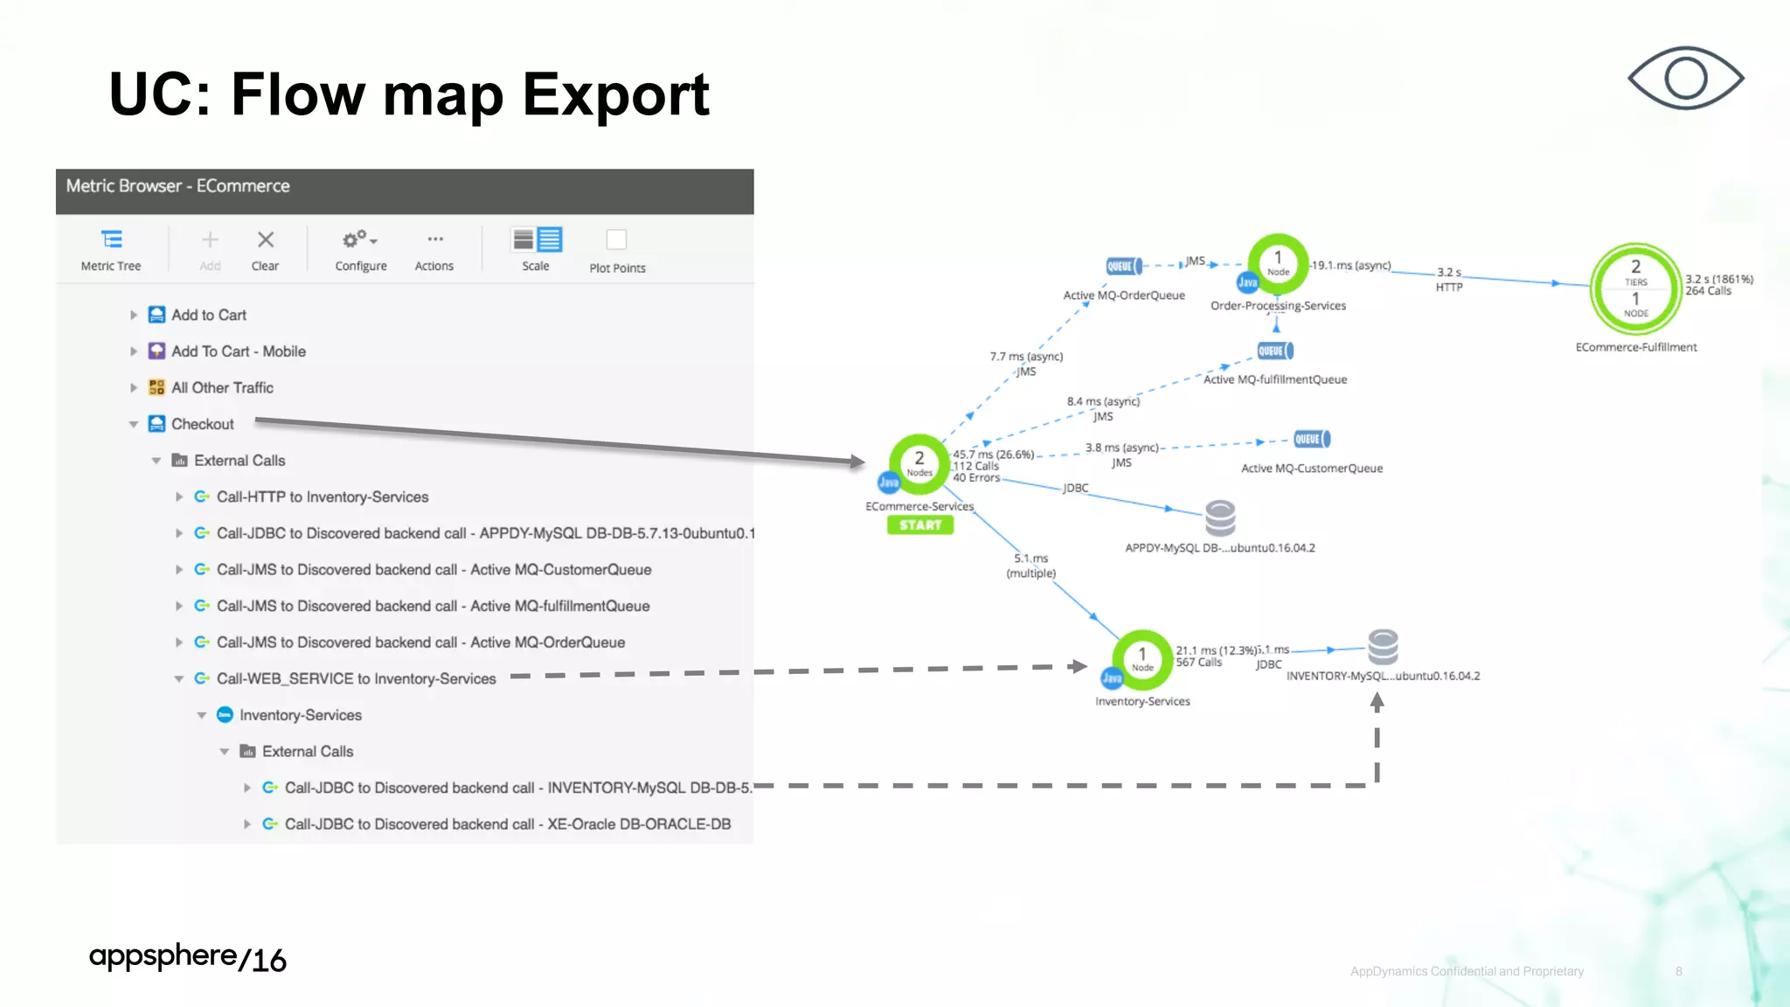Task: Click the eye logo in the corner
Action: coord(1685,79)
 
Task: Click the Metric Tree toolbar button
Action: coord(111,249)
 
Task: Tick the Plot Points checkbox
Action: coord(616,240)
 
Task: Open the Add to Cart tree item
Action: coord(208,315)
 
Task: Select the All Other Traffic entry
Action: coord(222,387)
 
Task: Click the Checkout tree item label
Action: coord(202,424)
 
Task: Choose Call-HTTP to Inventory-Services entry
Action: coord(322,497)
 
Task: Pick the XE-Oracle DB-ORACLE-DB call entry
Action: coord(507,824)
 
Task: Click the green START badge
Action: coord(919,525)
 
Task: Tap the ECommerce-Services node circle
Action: coord(919,463)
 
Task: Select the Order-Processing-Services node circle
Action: coord(1278,263)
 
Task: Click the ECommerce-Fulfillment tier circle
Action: coord(1635,288)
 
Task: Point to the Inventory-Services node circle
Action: coord(1141,659)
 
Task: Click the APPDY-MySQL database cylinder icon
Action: coord(1220,518)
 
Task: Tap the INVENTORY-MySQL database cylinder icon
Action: coord(1383,648)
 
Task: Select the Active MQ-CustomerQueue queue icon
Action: coord(1311,439)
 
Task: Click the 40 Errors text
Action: coord(976,478)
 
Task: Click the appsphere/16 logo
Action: coord(187,958)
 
